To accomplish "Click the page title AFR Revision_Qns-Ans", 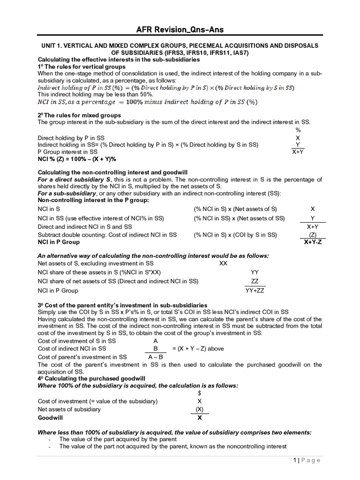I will pos(180,30).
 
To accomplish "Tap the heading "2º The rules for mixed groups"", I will pos(79,115).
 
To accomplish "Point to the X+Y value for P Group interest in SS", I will pos(298,152).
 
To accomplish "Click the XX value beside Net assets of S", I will pos(223,263).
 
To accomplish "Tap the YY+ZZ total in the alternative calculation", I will pos(255,291).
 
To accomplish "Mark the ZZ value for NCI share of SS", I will pos(255,281).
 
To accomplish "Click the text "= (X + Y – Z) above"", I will pos(198,348).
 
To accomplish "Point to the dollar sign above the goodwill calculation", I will pos(200,393).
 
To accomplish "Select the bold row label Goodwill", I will pos(50,417).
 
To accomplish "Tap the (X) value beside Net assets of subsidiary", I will pos(200,409).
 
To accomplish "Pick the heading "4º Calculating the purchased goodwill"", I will pos(91,378).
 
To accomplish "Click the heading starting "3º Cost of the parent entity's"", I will pos(122,305).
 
